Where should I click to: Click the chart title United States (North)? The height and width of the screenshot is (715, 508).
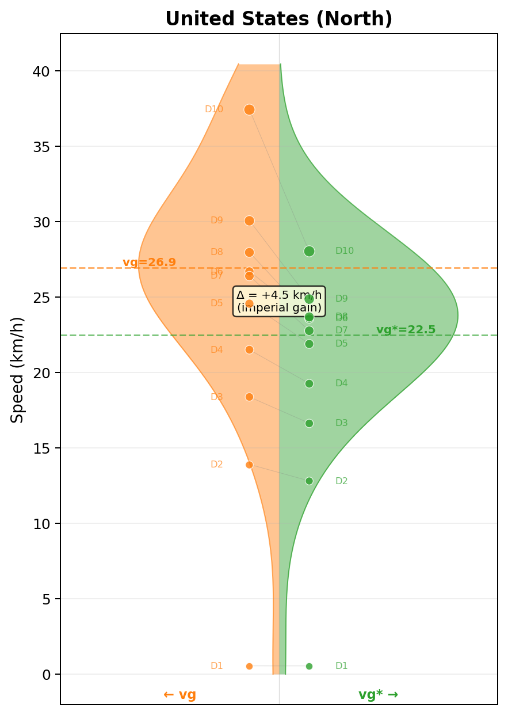coord(278,19)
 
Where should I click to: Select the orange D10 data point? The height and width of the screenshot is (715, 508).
coord(249,109)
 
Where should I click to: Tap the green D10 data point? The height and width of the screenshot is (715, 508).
coord(309,251)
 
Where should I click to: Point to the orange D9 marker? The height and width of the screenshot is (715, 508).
coord(249,220)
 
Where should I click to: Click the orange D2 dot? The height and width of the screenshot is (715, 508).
coord(249,465)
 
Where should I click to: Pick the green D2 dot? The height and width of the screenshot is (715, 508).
coord(309,481)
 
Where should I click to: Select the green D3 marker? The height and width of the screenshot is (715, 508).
coord(309,423)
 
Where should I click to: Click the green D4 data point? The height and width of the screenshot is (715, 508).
coord(309,383)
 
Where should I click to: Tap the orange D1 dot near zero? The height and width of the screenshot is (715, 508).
coord(249,666)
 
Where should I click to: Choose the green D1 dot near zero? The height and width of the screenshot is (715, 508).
coord(309,666)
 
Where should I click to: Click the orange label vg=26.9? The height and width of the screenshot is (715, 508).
coord(149,263)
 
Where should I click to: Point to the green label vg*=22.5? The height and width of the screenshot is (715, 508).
coord(406,330)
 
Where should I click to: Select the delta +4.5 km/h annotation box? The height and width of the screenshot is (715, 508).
coord(279,301)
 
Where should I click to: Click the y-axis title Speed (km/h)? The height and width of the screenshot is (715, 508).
coord(18,369)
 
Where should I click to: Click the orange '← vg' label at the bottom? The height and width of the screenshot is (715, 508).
coord(179,694)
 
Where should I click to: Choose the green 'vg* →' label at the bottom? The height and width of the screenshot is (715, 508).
coord(378,694)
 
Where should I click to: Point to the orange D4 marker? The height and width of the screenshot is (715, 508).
coord(249,349)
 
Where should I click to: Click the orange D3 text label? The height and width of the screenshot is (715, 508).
coord(216,397)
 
